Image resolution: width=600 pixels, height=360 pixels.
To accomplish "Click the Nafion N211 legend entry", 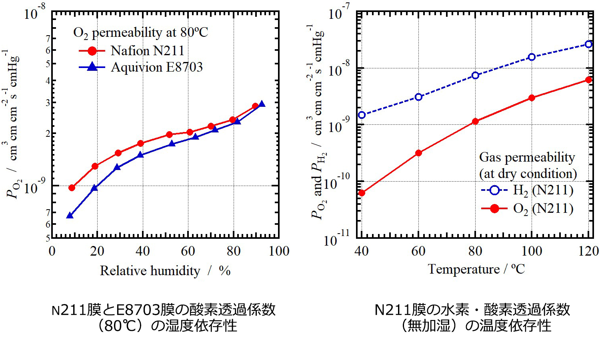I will tap(147, 51).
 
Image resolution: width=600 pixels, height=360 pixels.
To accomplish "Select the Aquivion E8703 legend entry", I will tap(156, 67).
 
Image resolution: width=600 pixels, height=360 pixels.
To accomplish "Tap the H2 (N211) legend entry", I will tap(543, 190).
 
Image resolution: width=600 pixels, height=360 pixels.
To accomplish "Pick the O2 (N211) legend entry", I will tap(543, 208).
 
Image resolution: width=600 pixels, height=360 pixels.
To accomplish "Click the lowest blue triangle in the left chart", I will tap(70, 216).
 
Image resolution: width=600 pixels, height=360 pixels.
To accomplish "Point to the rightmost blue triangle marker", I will tap(262, 104).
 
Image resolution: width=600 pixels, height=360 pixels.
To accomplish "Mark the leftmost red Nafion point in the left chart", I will tap(72, 188).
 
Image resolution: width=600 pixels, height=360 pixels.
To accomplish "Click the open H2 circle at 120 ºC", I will tap(588, 44).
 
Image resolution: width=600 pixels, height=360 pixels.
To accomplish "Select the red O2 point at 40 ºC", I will tap(362, 193).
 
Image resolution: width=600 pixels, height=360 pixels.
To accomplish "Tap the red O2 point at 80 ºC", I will tap(475, 121).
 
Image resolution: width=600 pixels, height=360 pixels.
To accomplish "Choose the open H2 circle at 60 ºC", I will tap(418, 97).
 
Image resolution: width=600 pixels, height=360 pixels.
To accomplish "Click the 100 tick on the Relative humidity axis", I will tap(279, 251).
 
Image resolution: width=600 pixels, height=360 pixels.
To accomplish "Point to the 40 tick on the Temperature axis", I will tap(362, 251).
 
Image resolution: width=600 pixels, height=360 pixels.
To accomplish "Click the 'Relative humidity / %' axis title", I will tap(165, 271).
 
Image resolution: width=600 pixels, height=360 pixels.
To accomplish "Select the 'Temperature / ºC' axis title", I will tap(476, 269).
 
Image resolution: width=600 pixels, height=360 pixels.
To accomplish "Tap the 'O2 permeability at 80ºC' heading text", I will tap(140, 32).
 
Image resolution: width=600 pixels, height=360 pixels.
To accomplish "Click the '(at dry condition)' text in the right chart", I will tap(528, 174).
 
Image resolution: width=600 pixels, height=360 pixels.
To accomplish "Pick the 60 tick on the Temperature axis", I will tap(418, 251).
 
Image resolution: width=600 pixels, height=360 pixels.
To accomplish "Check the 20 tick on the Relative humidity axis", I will tap(97, 251).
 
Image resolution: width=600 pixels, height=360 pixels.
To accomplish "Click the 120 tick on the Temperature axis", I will tap(588, 251).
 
